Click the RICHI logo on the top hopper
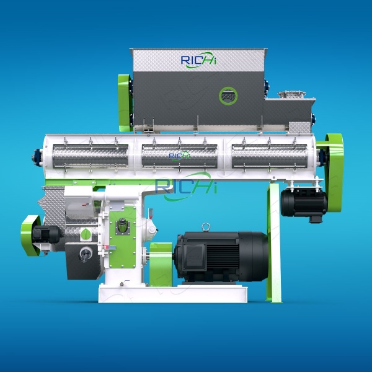pos(198,60)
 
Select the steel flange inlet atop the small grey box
pos(288,95)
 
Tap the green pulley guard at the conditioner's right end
pos(335,155)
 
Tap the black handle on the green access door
pos(123,227)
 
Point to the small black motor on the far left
pos(47,234)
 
